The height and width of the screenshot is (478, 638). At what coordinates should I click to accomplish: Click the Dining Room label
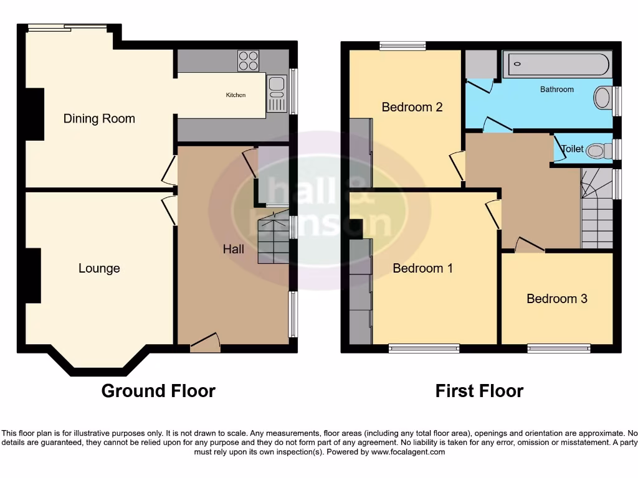pos(99,119)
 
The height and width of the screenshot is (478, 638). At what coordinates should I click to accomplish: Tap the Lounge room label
pos(99,268)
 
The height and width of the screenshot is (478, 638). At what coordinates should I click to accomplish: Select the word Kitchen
pos(236,95)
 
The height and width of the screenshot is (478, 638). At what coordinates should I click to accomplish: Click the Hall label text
pos(234,249)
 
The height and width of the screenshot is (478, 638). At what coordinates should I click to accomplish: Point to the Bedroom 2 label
pos(412,107)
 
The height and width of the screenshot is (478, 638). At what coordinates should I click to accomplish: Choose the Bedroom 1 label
pos(422,268)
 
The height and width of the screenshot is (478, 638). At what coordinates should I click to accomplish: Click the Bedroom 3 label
pos(556,299)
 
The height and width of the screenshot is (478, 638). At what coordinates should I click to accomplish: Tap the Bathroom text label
pos(556,90)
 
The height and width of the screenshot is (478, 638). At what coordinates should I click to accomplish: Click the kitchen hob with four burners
pos(248,61)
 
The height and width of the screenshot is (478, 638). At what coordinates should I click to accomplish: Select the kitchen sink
pos(276,93)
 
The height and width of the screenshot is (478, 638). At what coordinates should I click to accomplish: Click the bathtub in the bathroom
pos(558,65)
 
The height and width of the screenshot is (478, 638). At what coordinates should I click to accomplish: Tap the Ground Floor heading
pos(158,391)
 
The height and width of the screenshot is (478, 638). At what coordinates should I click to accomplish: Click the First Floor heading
pos(479,391)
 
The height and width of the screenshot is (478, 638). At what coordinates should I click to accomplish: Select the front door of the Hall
pos(205,343)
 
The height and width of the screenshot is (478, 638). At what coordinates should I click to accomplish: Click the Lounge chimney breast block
pos(33,275)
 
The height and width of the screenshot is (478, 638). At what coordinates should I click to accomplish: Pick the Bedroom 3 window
pos(558,349)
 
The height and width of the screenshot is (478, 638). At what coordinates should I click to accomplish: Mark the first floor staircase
pos(596,209)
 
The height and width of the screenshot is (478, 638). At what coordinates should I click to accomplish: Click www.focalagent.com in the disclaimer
pos(407,452)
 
